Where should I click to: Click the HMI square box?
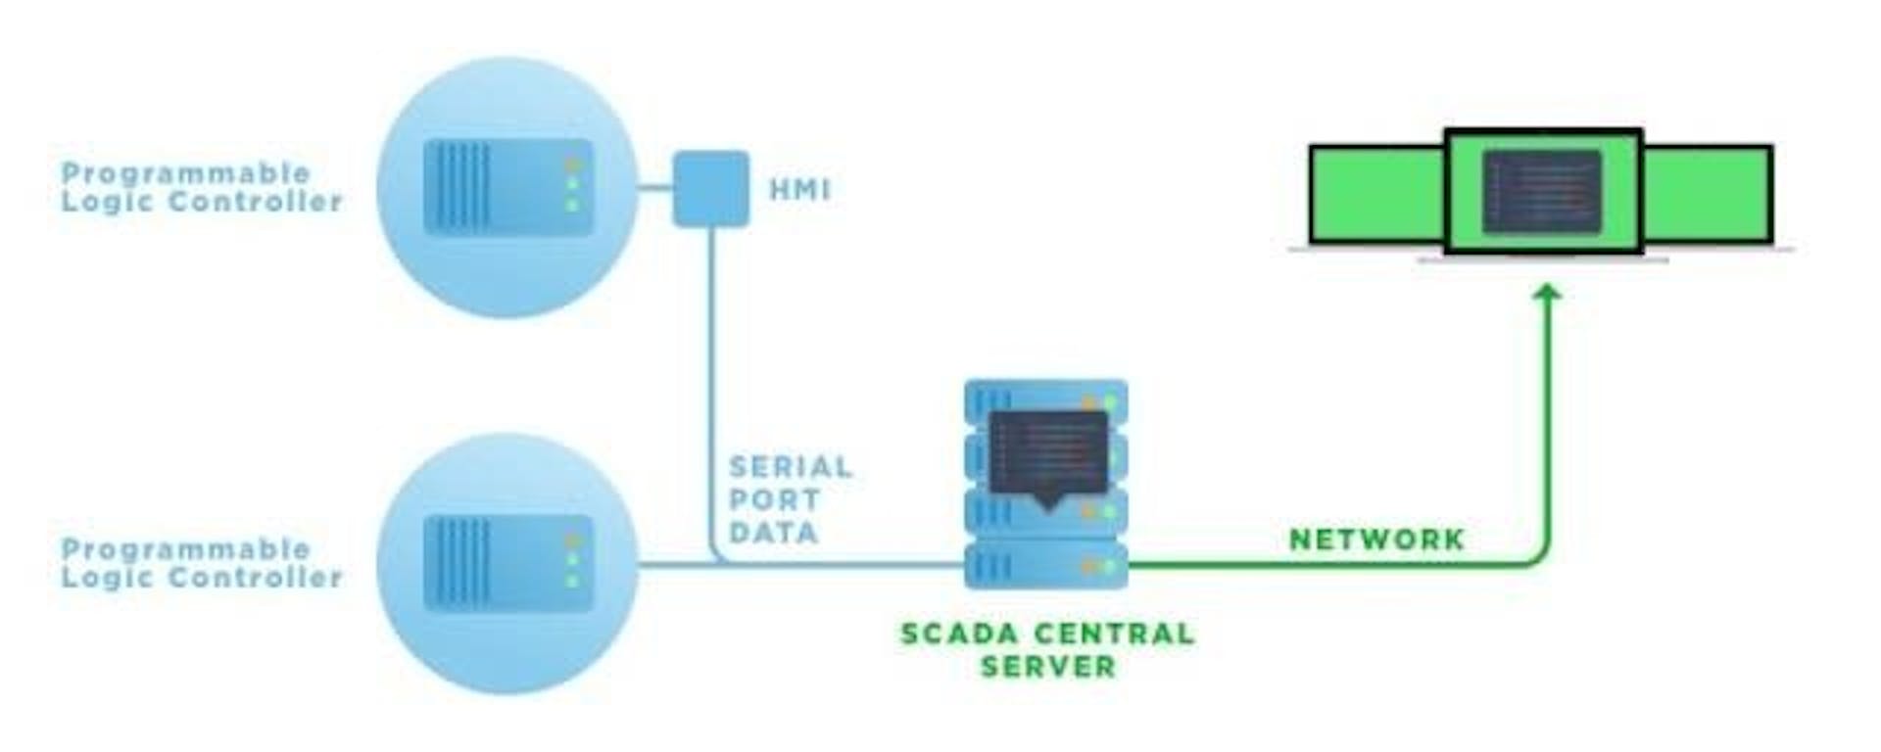tap(710, 188)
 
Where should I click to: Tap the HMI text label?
tap(799, 189)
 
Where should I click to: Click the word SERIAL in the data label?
tap(791, 467)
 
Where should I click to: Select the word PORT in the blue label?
tap(774, 500)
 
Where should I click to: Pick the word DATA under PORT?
tap(773, 533)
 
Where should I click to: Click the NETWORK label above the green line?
tap(1376, 540)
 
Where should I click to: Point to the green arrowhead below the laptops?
tap(1547, 293)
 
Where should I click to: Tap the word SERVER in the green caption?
tap(1047, 667)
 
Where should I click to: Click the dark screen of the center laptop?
tap(1541, 192)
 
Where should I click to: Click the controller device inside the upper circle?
tap(507, 187)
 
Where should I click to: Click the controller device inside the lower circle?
tap(507, 563)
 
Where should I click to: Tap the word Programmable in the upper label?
tap(185, 173)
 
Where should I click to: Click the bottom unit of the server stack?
tap(1045, 567)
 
